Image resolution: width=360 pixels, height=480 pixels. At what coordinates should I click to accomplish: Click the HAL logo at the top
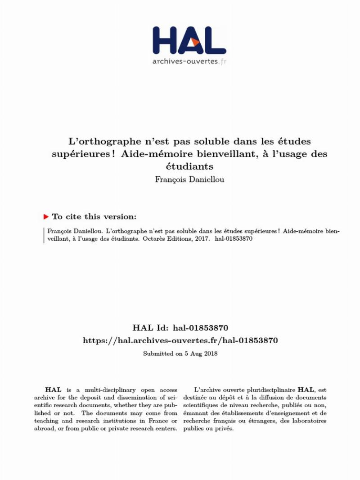point(189,40)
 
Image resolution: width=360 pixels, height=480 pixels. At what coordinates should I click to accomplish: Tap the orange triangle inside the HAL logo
point(195,42)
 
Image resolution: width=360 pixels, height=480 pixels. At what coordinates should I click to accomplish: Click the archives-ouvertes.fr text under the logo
point(189,61)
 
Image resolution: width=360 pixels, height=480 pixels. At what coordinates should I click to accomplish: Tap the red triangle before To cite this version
point(46,217)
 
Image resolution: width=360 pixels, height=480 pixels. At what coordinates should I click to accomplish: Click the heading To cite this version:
point(94,217)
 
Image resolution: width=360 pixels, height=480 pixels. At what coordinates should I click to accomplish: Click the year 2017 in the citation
point(198,240)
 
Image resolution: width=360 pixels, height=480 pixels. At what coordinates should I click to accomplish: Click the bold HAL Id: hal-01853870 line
point(180,327)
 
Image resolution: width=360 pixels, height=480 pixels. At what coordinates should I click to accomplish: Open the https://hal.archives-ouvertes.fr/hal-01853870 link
point(180,341)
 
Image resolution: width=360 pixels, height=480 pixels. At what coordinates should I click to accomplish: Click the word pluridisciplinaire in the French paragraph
point(267,390)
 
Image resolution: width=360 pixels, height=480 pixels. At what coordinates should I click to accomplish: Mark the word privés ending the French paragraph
point(224,428)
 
